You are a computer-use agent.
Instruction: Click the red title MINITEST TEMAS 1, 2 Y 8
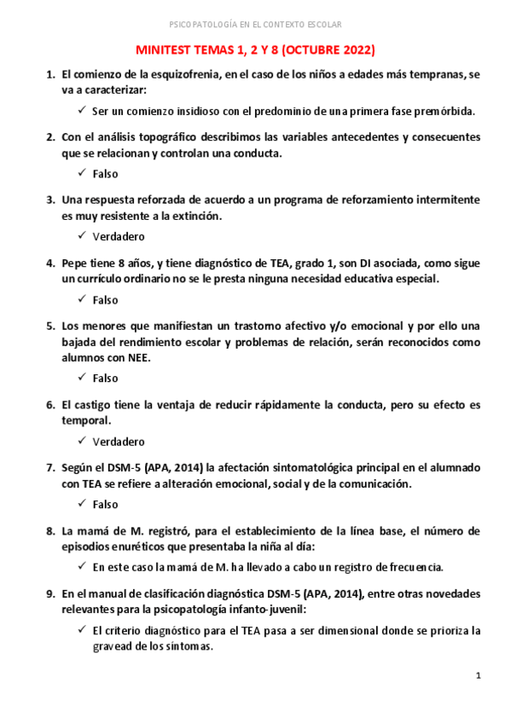click(256, 49)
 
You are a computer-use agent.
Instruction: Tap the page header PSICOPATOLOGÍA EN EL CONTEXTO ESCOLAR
click(256, 24)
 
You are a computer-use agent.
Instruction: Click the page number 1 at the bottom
click(479, 676)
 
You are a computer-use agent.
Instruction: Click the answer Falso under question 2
click(106, 173)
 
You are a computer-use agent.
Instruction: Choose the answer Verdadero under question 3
click(119, 236)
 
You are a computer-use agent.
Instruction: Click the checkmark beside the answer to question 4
click(80, 299)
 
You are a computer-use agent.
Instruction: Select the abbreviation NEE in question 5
click(138, 358)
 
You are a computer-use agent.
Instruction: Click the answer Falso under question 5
click(106, 378)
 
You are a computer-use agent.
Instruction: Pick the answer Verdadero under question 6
click(119, 442)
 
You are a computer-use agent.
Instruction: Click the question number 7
click(50, 468)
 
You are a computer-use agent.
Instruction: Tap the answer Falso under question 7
click(106, 504)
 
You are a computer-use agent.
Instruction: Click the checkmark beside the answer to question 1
click(80, 110)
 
